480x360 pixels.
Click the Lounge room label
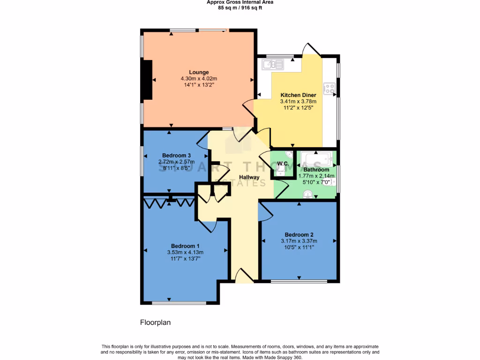point(199,72)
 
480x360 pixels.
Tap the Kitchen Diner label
point(298,95)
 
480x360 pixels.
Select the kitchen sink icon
point(271,65)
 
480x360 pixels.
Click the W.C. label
point(283,164)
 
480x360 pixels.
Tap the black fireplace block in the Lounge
point(148,80)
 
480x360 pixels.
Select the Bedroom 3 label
point(176,156)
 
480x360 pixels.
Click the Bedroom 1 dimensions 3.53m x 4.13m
point(185,252)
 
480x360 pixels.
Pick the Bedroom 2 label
point(299,235)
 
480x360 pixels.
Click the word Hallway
point(249,177)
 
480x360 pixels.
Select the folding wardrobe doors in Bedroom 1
point(169,202)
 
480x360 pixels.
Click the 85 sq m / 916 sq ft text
point(240,7)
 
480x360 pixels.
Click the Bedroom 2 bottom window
point(299,281)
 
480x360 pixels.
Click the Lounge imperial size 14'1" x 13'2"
point(199,85)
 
